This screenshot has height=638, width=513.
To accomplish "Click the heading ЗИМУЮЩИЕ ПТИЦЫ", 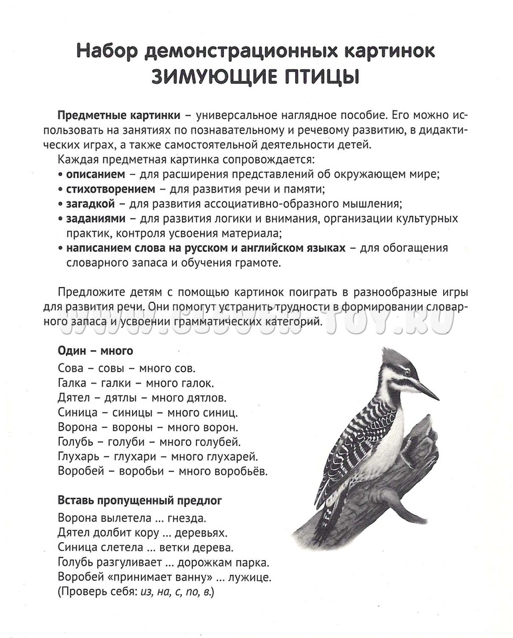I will click(256, 76).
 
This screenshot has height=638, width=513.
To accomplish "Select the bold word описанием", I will click(95, 174).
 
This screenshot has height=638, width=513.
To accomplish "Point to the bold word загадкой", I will click(90, 203).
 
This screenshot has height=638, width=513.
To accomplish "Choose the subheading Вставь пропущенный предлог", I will click(140, 500).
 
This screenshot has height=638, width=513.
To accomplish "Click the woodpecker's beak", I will click(427, 391).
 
